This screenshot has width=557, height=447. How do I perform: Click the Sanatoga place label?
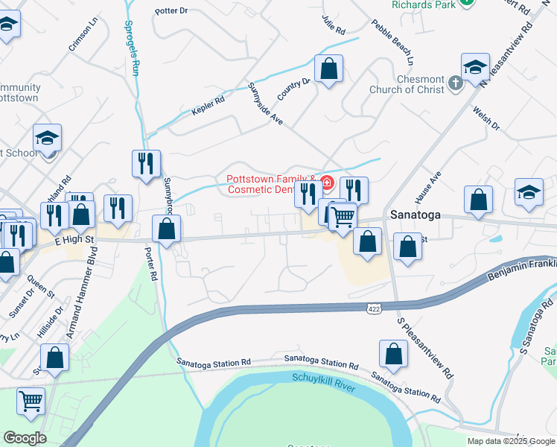coord(415,215)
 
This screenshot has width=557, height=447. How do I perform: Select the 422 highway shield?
coord(375,307)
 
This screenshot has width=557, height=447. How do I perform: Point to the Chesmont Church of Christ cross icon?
coord(456,84)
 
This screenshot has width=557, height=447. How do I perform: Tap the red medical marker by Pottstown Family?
coord(326,180)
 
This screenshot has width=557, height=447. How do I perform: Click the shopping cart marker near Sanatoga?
coord(343,216)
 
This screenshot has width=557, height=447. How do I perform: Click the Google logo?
coord(25,438)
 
